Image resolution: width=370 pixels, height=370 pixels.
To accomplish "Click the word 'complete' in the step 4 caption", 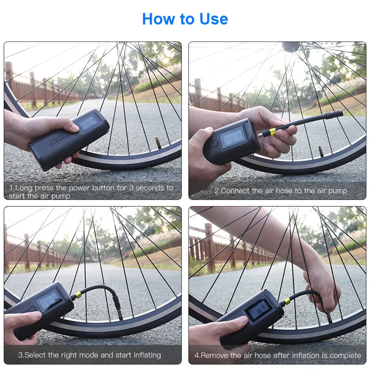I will (x=344, y=355).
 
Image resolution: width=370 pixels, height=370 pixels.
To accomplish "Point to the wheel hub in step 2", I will (x=291, y=46).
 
